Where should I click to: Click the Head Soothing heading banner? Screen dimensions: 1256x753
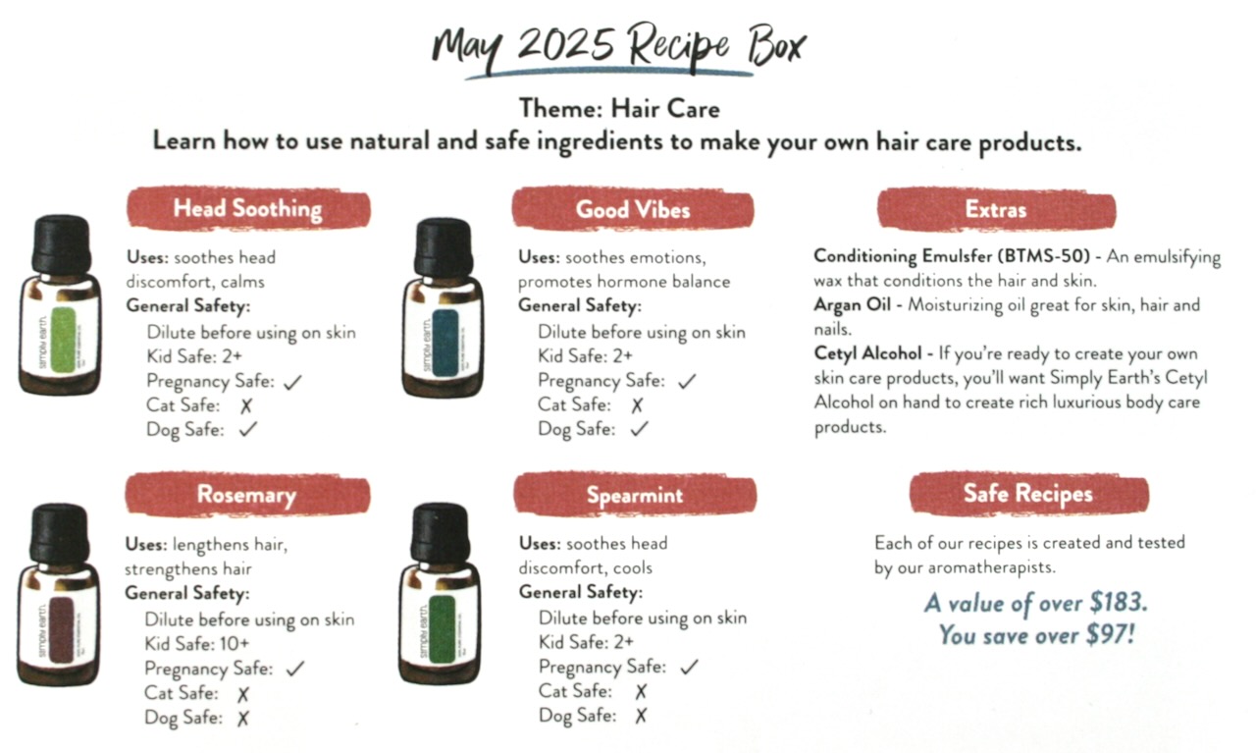click(x=248, y=209)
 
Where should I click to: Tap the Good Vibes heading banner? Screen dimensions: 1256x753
click(x=633, y=209)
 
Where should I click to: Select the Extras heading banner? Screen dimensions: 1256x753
click(x=996, y=209)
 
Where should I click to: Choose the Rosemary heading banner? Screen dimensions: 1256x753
click(x=247, y=495)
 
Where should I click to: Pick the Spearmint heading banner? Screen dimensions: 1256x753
click(x=635, y=495)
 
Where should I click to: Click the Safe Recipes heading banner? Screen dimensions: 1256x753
click(x=1029, y=493)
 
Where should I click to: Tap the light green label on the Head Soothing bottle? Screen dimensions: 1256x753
click(x=63, y=339)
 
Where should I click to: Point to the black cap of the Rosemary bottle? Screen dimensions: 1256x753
click(x=60, y=534)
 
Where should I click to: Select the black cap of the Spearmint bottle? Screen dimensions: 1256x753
click(x=441, y=534)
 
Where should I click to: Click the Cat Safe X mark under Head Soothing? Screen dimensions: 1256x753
click(x=246, y=405)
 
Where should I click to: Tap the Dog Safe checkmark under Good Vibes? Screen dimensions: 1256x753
click(x=639, y=429)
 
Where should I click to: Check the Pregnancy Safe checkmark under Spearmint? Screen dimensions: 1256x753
click(x=689, y=667)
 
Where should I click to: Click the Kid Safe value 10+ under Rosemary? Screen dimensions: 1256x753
click(x=235, y=644)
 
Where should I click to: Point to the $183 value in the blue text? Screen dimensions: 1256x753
click(x=1118, y=603)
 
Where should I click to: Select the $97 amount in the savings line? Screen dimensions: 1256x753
click(x=1110, y=634)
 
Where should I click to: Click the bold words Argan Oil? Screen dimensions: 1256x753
click(x=853, y=304)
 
